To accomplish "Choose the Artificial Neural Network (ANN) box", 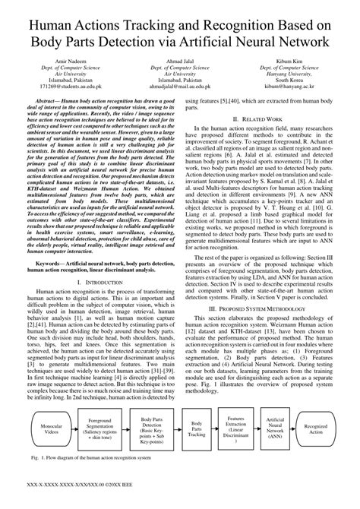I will tap(275, 427).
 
